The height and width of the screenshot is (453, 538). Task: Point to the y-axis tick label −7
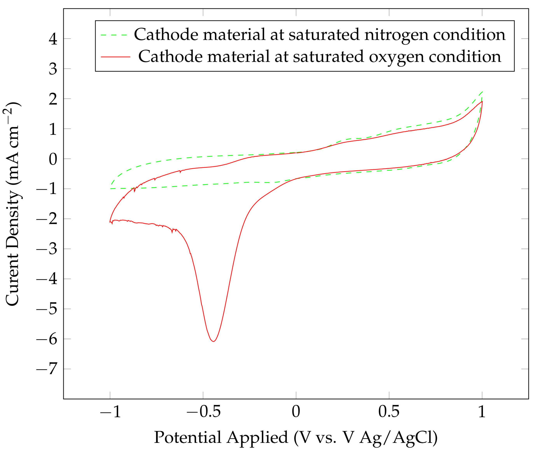coord(46,369)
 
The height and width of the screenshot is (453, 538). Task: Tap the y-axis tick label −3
coord(46,249)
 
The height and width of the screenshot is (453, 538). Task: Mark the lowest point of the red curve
coord(213,341)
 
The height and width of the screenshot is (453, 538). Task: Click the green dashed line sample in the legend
coord(114,35)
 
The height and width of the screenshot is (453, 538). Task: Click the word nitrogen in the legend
coord(396,35)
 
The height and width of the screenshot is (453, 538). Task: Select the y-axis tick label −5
coord(46,309)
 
